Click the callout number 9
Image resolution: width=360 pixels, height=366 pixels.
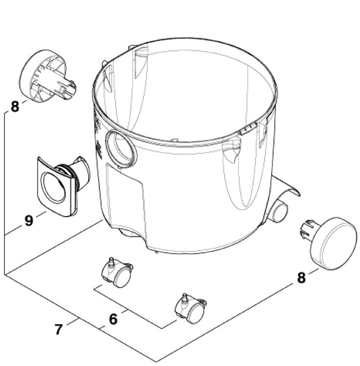(29, 220)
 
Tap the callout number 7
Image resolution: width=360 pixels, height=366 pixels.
(59, 329)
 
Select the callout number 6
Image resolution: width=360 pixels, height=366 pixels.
(113, 319)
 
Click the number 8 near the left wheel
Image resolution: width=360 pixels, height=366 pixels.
(15, 106)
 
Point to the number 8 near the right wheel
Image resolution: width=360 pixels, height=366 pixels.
(301, 277)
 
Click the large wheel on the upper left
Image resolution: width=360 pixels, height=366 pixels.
(43, 76)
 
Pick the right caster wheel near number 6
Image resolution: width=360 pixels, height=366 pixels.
(191, 309)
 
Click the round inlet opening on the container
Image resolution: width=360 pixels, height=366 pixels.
(121, 149)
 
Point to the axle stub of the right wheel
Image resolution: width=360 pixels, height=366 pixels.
(307, 229)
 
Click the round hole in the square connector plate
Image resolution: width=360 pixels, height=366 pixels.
(53, 188)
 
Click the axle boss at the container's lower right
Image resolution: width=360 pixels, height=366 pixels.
(278, 211)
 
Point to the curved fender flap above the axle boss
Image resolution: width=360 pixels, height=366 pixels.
(286, 187)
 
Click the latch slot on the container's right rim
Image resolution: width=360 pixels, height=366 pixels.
(248, 129)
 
